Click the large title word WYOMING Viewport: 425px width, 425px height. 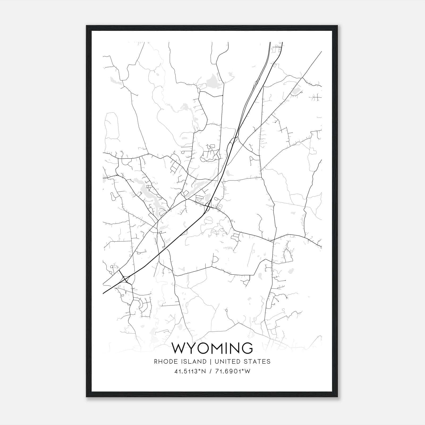tap(212, 348)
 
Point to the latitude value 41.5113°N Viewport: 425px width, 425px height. tap(190, 371)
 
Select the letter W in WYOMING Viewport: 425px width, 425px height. tap(180, 348)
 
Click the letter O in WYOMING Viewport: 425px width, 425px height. tap(202, 348)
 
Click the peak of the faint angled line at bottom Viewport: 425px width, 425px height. tap(239, 323)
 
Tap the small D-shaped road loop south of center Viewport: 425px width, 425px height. tap(215, 259)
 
